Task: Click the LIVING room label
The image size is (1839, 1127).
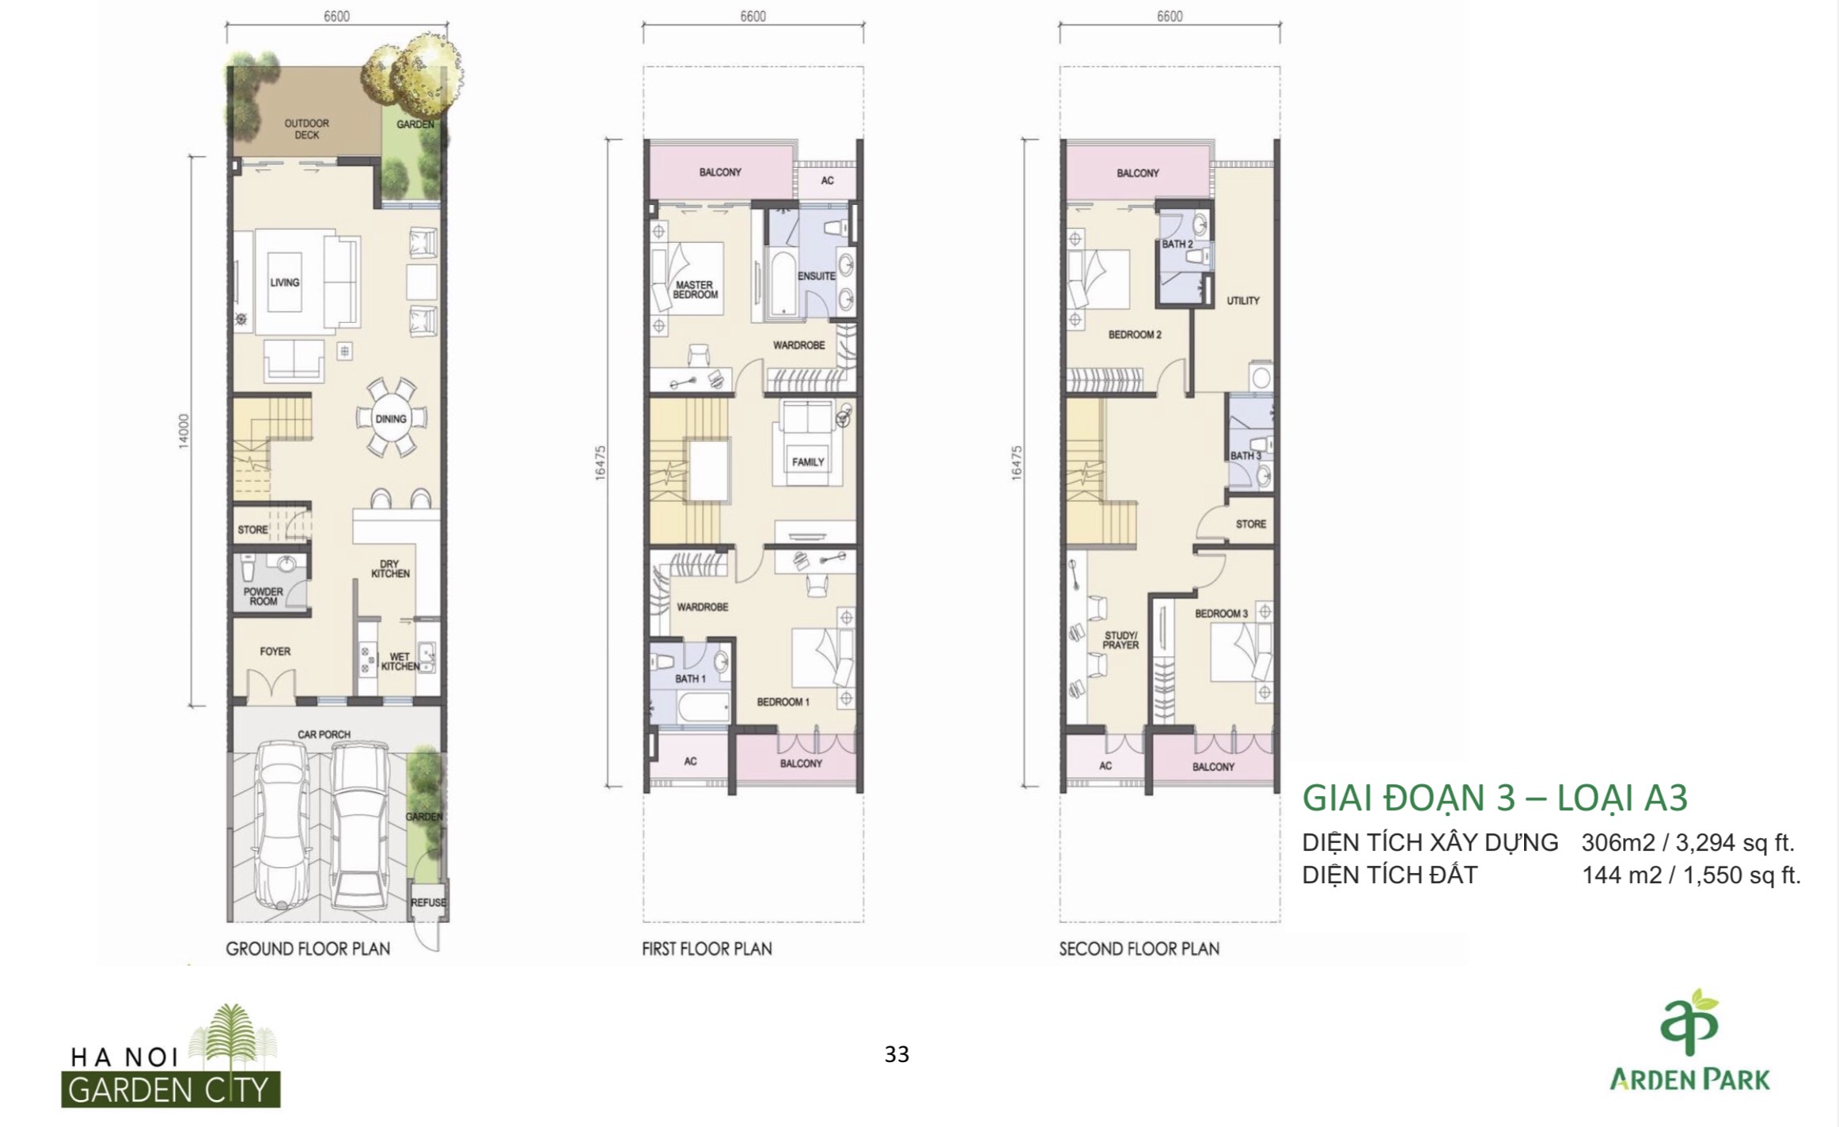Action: click(x=285, y=283)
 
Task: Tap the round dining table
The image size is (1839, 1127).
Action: click(x=391, y=419)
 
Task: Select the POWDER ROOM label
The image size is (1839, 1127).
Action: click(x=264, y=597)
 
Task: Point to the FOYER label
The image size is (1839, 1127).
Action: click(x=275, y=651)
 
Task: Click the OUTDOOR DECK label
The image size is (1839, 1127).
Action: click(x=307, y=129)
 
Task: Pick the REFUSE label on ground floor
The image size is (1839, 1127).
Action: click(x=428, y=902)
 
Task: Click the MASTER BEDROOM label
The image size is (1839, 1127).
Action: click(x=695, y=290)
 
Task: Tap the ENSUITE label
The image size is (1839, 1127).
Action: click(x=816, y=276)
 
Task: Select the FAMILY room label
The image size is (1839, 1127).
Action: click(x=808, y=461)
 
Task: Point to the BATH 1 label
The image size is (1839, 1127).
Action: click(x=691, y=678)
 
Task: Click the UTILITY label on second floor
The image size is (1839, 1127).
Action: click(x=1243, y=301)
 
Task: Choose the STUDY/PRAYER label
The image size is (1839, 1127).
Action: click(x=1121, y=640)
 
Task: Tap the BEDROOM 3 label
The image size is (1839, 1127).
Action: click(x=1221, y=613)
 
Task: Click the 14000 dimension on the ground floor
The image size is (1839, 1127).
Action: click(x=184, y=431)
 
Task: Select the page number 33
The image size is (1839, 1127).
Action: click(x=897, y=1054)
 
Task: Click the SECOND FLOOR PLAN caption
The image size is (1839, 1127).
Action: click(x=1139, y=948)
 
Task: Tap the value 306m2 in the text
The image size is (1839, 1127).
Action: click(x=1617, y=843)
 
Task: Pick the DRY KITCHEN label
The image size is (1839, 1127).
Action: click(x=390, y=569)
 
